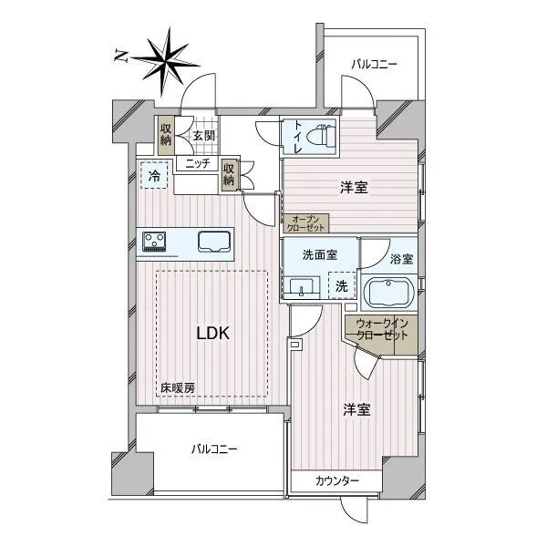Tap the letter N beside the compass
pos(120,56)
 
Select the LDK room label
pos(212,333)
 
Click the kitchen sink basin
pos(214,242)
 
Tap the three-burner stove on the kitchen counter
pos(154,242)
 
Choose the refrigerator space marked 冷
pos(154,175)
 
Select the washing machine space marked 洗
pos(342,285)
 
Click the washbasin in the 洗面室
pos(301,287)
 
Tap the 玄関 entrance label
pos(204,136)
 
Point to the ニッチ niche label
pos(198,163)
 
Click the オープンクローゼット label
pos(305,223)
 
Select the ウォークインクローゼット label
pos(382,329)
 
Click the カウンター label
pos(337,481)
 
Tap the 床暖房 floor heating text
pos(178,388)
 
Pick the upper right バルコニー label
pos(374,65)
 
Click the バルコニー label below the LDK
pos(214,449)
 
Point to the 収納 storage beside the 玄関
pos(166,135)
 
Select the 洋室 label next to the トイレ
pos(354,188)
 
